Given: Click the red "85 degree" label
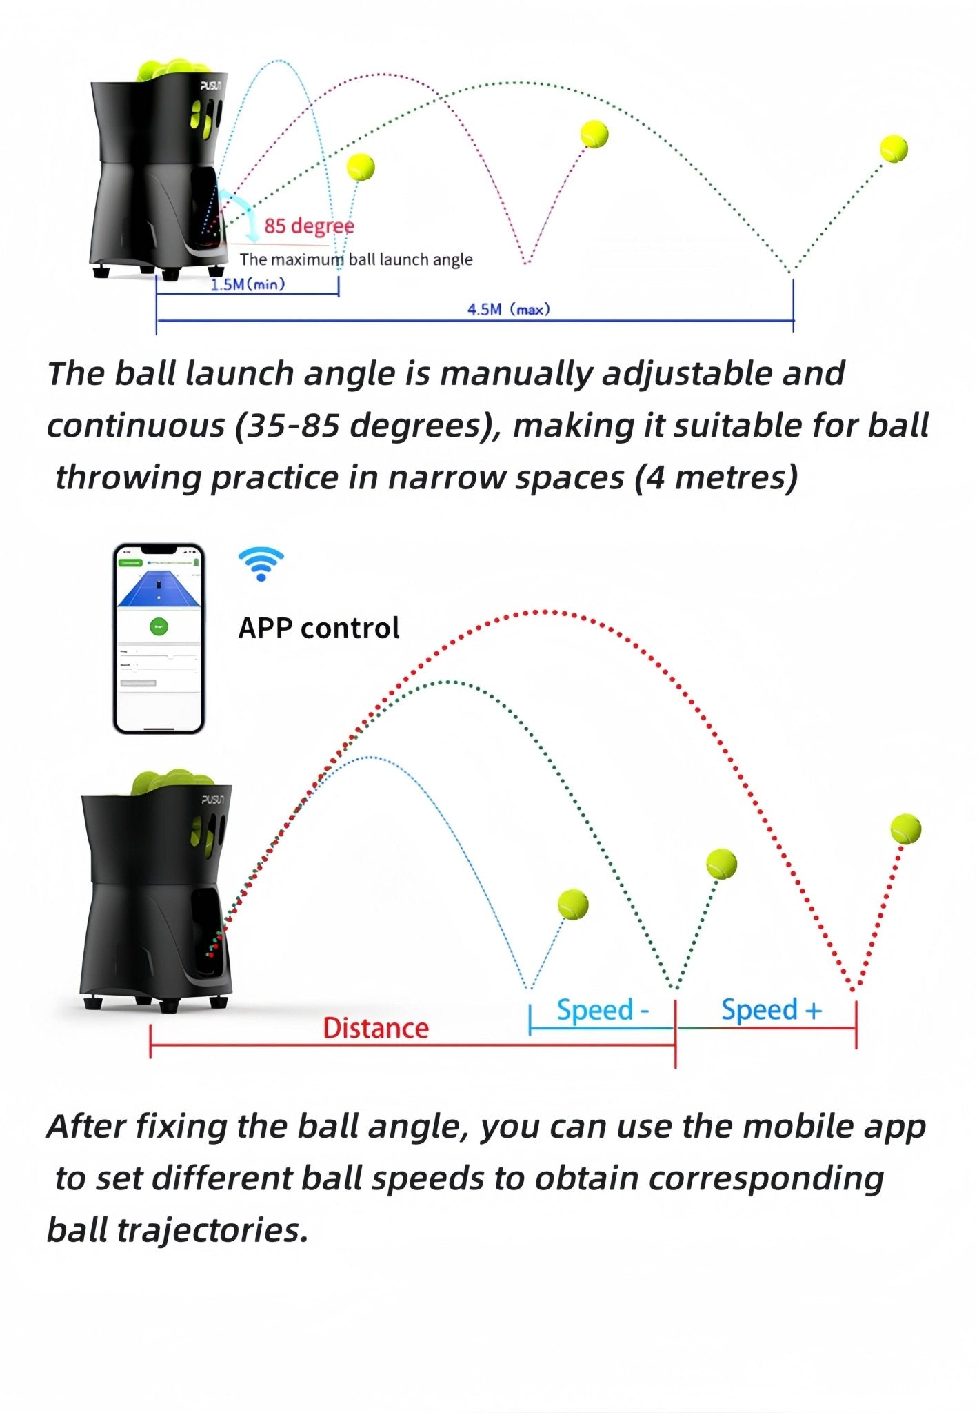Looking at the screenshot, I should (x=309, y=226).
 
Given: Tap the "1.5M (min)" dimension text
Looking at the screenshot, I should (x=248, y=284).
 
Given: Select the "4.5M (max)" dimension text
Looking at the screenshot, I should (x=509, y=310).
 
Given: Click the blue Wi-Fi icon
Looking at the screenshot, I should (x=261, y=564).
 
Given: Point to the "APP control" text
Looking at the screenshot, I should (x=319, y=629).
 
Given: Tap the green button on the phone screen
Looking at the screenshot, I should (x=159, y=627).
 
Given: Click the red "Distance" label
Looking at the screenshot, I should (x=376, y=1028).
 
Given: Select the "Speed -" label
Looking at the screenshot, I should (x=603, y=1010).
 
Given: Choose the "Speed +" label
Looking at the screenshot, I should (x=772, y=1010).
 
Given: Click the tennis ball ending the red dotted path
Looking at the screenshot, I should (x=905, y=829).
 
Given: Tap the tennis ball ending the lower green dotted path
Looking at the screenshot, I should (x=721, y=864).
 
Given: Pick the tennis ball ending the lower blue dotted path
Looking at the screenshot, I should (x=572, y=904).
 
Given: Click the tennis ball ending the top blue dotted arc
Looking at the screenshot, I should (x=361, y=167).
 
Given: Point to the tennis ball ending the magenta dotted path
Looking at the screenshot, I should (x=594, y=134).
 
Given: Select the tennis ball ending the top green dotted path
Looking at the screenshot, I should (x=894, y=148).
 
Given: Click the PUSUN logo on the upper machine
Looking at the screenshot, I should (x=210, y=86).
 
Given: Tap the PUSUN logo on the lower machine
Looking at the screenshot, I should (x=212, y=799).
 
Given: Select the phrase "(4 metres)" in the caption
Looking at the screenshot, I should (x=716, y=477).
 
